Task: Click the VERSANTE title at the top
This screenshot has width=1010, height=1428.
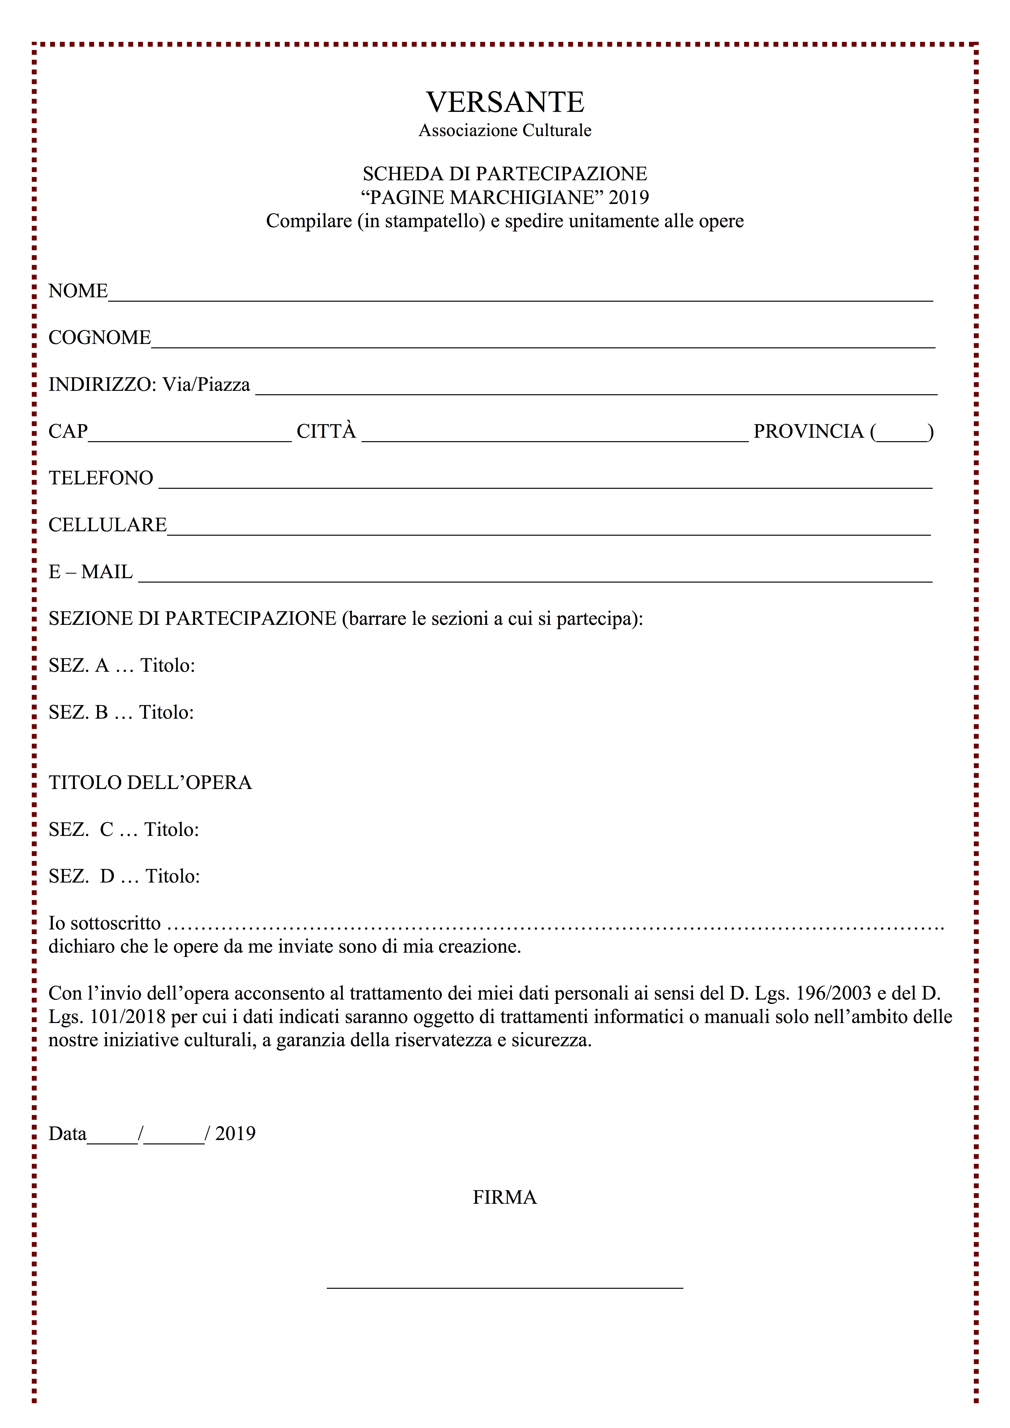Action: (x=505, y=102)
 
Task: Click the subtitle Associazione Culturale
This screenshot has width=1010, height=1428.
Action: (x=505, y=131)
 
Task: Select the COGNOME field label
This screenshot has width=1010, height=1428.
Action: (x=99, y=338)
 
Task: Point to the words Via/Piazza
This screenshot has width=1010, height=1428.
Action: (x=206, y=385)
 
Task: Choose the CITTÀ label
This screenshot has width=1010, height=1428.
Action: (x=326, y=431)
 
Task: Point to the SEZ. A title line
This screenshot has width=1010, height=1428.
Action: (x=122, y=665)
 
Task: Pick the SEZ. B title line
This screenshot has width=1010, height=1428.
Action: (x=121, y=712)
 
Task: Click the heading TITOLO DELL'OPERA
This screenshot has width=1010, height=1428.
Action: (x=150, y=782)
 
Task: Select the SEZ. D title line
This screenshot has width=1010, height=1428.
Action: (x=124, y=876)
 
